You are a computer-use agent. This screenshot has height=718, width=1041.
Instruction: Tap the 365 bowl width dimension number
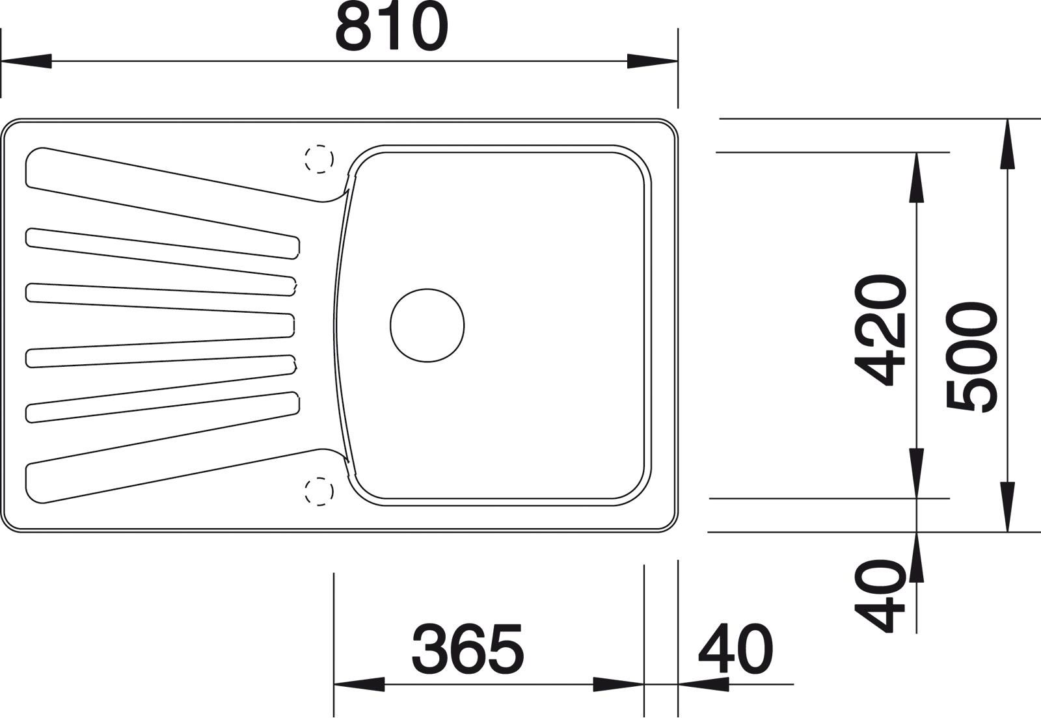tap(468, 649)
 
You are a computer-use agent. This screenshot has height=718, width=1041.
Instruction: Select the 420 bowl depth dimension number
tap(881, 329)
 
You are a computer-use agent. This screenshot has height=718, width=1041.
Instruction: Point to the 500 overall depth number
tap(972, 356)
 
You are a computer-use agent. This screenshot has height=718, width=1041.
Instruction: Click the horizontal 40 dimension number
tap(736, 649)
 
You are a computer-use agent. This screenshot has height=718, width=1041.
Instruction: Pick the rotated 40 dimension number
tap(880, 595)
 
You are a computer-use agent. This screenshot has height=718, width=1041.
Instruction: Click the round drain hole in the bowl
tap(427, 325)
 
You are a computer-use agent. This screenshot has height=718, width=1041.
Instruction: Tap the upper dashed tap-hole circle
tap(319, 159)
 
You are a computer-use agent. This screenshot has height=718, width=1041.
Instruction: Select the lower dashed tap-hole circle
tap(319, 491)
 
